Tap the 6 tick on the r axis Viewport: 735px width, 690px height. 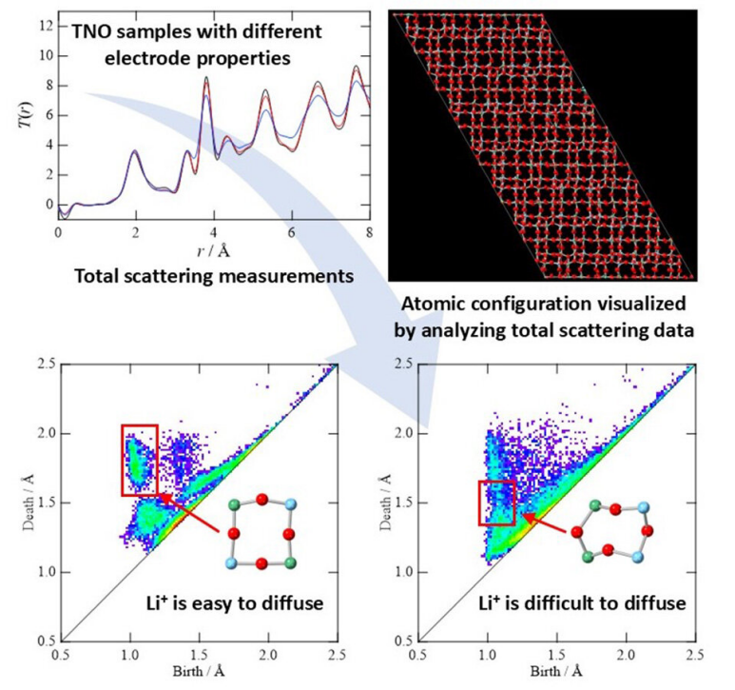tap(291, 231)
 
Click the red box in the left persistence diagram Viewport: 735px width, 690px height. tap(139, 460)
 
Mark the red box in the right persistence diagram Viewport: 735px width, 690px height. tap(496, 502)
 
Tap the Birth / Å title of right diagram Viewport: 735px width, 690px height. tap(554, 678)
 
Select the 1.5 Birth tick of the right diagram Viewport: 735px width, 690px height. tap(555, 656)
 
